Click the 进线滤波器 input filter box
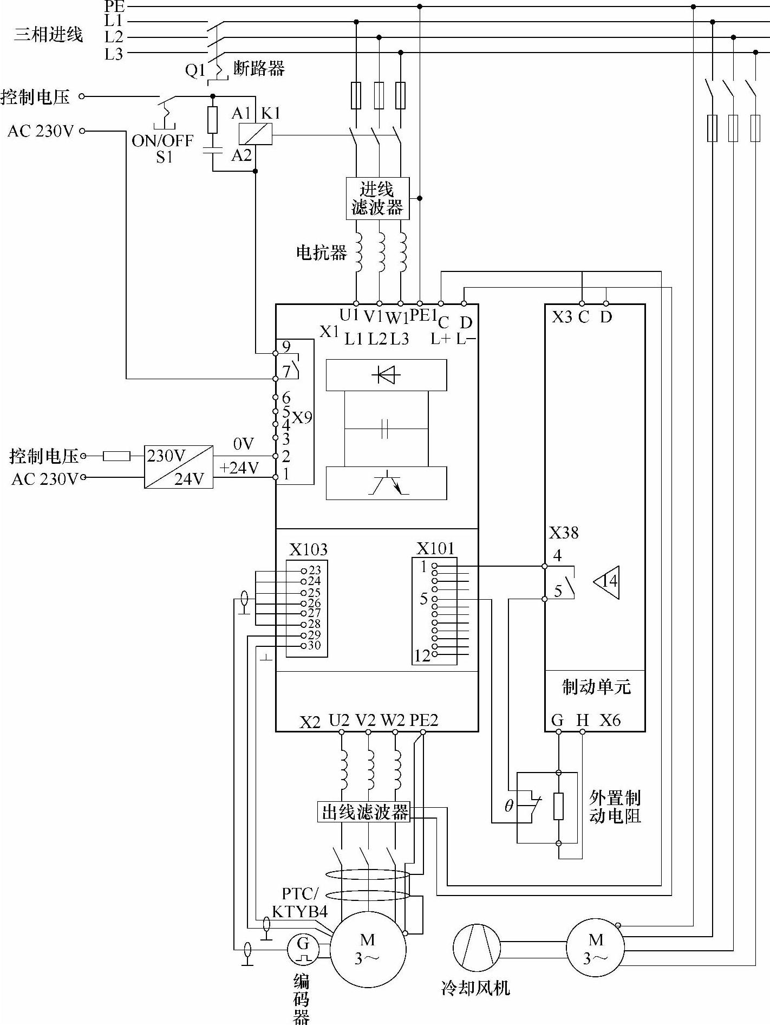click(x=377, y=198)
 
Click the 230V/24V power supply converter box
click(x=179, y=466)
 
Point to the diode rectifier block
click(x=386, y=374)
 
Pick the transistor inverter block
click(x=386, y=483)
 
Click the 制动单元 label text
click(x=596, y=687)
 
